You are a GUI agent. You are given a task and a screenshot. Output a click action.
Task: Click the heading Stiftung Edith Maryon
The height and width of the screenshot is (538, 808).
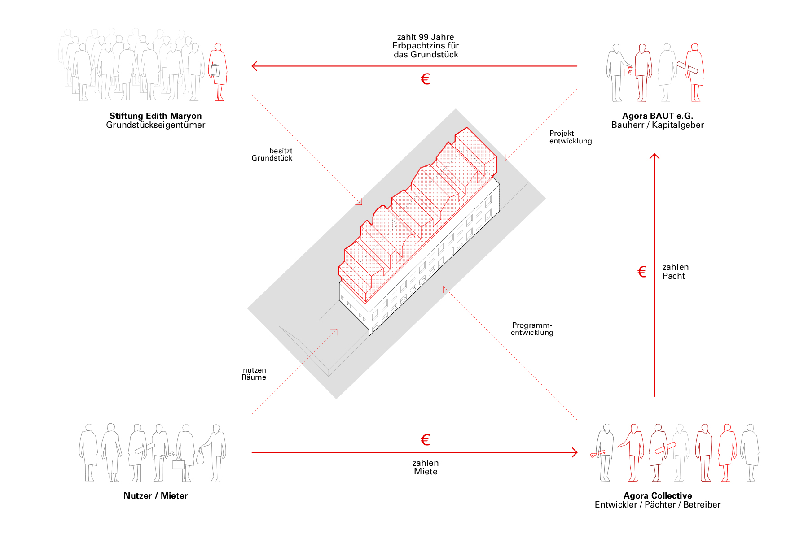(x=155, y=116)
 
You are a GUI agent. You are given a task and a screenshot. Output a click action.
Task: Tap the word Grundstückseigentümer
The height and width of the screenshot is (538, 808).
(x=155, y=125)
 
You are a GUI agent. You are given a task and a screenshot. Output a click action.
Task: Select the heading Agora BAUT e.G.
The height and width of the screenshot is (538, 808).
(x=657, y=116)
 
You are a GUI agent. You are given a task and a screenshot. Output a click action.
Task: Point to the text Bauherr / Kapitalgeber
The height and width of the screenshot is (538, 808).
(x=657, y=125)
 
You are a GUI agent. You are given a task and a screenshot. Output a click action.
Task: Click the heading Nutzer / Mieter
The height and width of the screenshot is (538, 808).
(x=155, y=495)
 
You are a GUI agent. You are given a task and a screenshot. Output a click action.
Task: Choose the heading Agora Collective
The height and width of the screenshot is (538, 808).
(x=657, y=495)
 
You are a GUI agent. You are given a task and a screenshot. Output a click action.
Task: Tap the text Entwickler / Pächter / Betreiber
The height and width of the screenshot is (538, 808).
(x=657, y=505)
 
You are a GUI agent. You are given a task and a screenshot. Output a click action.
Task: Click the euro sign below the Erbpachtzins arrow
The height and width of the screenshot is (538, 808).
(x=425, y=79)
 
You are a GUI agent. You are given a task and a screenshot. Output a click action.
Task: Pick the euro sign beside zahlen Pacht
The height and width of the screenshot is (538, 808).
(x=642, y=272)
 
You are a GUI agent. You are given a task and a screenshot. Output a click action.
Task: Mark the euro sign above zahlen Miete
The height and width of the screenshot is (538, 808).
(x=425, y=440)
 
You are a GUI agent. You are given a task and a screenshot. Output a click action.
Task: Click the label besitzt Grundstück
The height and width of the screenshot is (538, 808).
(x=272, y=154)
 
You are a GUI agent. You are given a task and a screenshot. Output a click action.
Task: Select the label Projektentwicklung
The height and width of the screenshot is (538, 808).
(x=570, y=137)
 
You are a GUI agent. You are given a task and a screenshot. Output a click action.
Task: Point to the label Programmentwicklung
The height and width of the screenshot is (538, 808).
(x=532, y=329)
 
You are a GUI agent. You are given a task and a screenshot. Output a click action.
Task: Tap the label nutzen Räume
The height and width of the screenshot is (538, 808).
(x=254, y=373)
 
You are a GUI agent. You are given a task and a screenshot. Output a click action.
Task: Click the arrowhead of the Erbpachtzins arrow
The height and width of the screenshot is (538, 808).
(x=254, y=66)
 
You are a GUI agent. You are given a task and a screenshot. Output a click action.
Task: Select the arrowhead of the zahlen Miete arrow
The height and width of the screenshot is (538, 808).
(x=575, y=452)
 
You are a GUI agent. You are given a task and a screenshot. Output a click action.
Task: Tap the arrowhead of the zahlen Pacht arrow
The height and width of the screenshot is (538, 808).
(x=654, y=156)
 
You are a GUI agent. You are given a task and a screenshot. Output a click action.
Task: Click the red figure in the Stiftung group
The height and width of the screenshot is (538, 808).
(x=218, y=72)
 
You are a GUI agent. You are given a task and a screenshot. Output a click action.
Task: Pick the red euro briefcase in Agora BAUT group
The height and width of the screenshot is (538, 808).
(x=630, y=72)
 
